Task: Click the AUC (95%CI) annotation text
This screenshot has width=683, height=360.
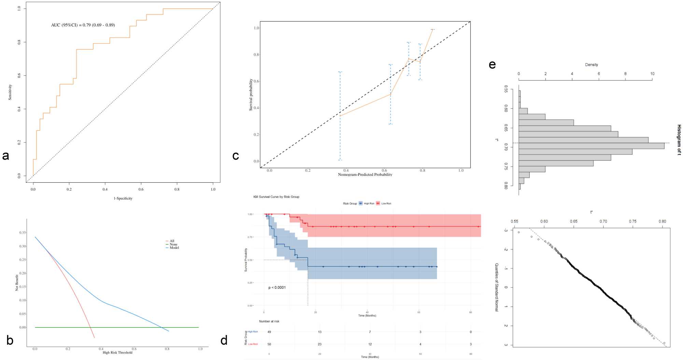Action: click(x=83, y=25)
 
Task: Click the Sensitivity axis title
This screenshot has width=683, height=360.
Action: click(x=10, y=92)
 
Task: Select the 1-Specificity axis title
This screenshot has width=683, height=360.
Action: click(x=123, y=198)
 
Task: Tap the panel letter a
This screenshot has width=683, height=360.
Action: click(x=5, y=156)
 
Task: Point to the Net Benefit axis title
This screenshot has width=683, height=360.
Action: click(x=17, y=282)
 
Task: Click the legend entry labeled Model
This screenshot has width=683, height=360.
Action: click(x=174, y=248)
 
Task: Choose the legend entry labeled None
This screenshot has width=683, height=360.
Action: click(x=173, y=244)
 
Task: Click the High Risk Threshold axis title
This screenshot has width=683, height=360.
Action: click(x=117, y=352)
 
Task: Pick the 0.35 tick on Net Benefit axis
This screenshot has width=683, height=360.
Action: click(x=23, y=233)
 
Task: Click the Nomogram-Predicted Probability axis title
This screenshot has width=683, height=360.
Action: click(x=365, y=175)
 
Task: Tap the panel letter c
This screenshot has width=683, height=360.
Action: click(x=235, y=156)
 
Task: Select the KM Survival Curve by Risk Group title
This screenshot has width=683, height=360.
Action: click(x=276, y=197)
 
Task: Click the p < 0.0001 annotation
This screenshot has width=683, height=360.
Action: click(x=277, y=288)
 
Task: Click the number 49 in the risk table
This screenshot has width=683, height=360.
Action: click(x=269, y=332)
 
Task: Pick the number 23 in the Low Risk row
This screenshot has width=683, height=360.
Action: click(x=320, y=344)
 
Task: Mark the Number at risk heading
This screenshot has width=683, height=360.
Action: click(x=269, y=321)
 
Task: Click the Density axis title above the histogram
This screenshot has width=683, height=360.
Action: click(x=591, y=65)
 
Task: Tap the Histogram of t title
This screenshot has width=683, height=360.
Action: click(x=679, y=140)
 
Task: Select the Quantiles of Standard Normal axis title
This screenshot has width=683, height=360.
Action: click(x=497, y=287)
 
